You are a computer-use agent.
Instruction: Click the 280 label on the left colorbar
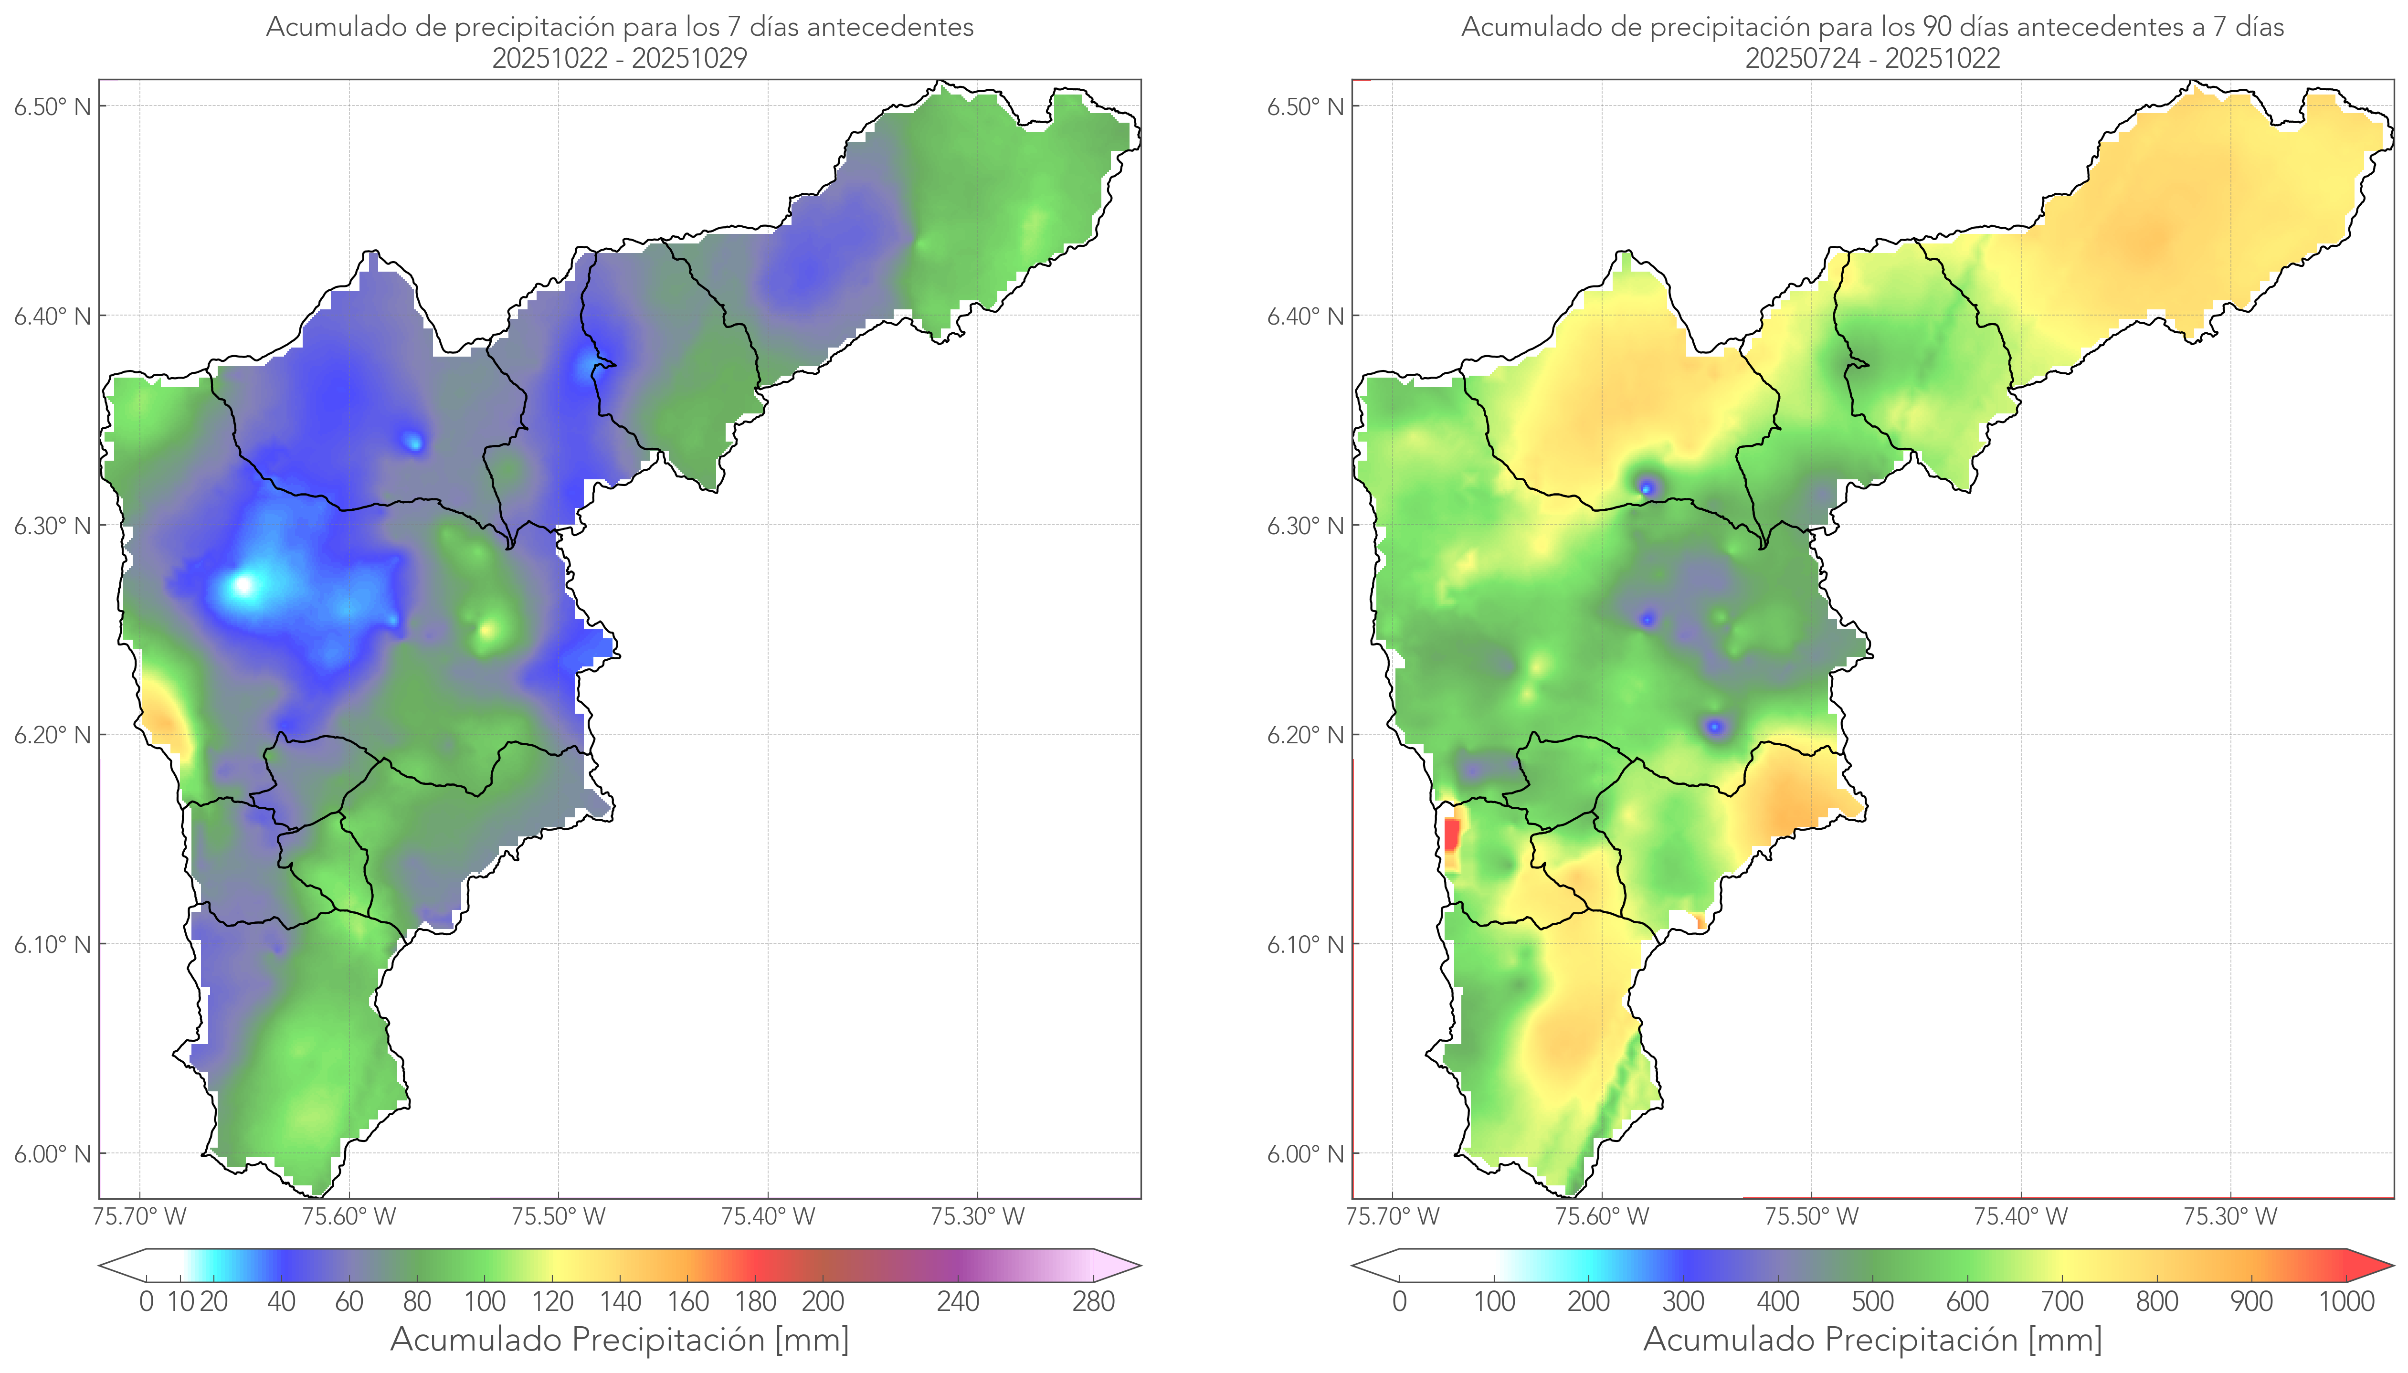[1094, 1301]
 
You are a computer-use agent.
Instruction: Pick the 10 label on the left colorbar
[180, 1301]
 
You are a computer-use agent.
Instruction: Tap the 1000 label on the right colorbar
[2346, 1301]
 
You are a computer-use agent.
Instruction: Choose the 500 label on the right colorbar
[1872, 1301]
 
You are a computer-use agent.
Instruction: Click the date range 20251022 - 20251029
[620, 58]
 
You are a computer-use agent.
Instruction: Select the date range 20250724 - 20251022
[1872, 58]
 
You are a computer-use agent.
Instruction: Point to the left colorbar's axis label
[620, 1339]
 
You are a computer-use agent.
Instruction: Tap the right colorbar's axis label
[1872, 1339]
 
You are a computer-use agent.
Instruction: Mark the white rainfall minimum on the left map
[244, 586]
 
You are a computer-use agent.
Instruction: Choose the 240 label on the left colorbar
[958, 1301]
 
